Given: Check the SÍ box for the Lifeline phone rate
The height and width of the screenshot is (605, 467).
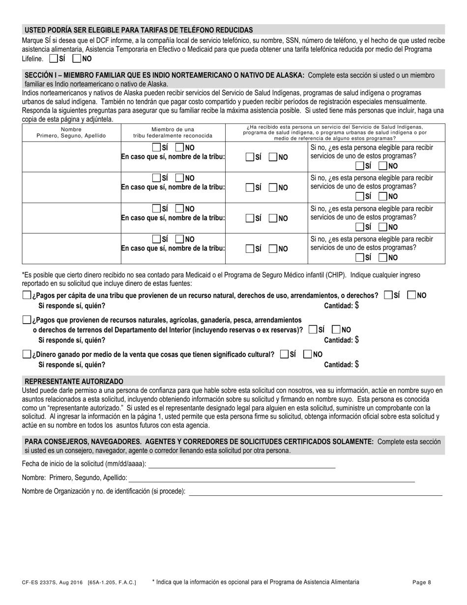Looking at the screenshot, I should (54, 59).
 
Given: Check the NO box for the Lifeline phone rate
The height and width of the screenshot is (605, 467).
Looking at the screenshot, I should (77, 59).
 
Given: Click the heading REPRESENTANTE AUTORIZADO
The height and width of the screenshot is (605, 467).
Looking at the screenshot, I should (74, 381).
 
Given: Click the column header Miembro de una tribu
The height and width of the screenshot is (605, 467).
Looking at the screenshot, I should (173, 132).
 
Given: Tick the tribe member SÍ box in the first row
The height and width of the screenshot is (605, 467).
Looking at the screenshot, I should (156, 148).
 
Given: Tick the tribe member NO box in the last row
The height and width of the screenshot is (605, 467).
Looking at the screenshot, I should (180, 239).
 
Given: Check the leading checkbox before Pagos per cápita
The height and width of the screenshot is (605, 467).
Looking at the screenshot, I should (27, 295).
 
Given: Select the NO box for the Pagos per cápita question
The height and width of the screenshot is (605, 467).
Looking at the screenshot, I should (412, 295).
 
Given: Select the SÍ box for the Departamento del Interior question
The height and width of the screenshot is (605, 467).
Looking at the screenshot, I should (313, 330).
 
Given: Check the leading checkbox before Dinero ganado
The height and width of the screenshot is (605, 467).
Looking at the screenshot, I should (27, 354).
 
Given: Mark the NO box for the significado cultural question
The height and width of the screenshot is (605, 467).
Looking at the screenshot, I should (307, 354).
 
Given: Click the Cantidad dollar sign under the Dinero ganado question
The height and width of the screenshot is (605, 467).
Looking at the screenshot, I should (357, 364).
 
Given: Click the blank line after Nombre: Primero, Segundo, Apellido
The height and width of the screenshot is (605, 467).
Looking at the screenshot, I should (271, 478).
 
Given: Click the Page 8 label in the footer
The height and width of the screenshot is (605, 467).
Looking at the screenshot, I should (422, 582).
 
